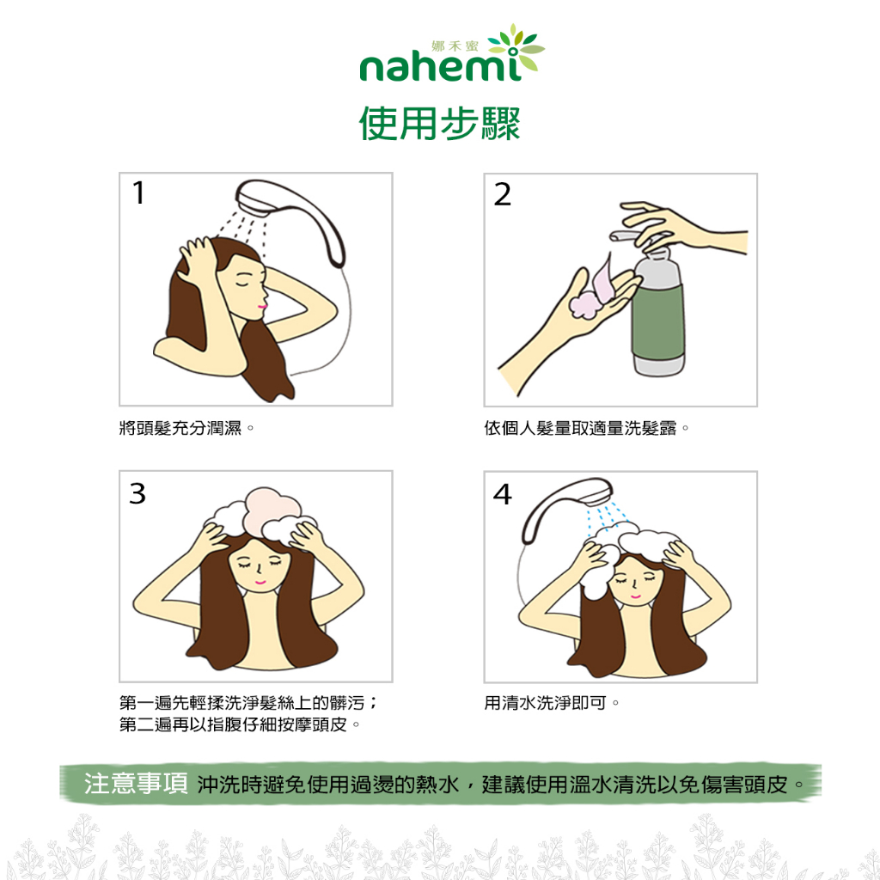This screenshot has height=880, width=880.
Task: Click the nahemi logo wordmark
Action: click(441, 67)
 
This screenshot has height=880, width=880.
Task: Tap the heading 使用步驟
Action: click(440, 124)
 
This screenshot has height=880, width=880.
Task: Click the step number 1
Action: click(138, 192)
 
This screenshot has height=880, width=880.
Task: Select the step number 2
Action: click(502, 194)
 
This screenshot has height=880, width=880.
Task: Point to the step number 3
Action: click(137, 493)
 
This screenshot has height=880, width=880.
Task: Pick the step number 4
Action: click(502, 494)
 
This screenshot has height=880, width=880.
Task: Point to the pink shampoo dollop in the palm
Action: click(590, 292)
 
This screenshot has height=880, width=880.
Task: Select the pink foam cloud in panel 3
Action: click(272, 510)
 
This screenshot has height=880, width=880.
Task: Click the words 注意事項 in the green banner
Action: click(136, 784)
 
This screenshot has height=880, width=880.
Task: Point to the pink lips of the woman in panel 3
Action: click(260, 582)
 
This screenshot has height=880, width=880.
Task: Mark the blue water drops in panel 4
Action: click(606, 516)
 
